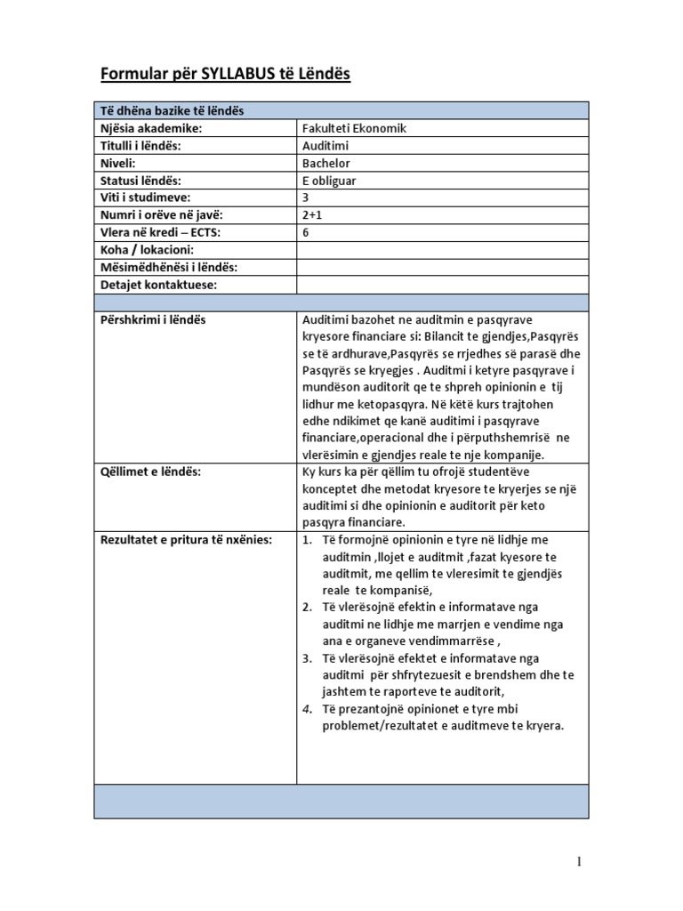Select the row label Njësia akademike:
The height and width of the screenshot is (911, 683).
[x=151, y=128]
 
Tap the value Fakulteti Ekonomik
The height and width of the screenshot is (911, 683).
[x=354, y=128]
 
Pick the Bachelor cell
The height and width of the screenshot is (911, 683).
[x=326, y=163]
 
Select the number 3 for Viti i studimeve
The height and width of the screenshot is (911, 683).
[x=307, y=198]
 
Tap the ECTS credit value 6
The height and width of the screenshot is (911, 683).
[x=307, y=232]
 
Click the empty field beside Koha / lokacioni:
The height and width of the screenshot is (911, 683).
[x=441, y=250]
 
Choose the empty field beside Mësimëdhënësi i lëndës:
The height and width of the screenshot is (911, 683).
[x=441, y=267]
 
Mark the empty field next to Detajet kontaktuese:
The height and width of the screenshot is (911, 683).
[x=441, y=285]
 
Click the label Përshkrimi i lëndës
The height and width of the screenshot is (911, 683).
[x=152, y=319]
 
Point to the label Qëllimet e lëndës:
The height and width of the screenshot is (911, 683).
[x=150, y=472]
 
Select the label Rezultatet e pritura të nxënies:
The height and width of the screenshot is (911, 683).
[x=185, y=540]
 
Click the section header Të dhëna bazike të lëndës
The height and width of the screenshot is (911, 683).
[x=172, y=110]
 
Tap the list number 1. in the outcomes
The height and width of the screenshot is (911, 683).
[x=306, y=540]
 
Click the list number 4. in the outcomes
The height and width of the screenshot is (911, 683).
[x=306, y=709]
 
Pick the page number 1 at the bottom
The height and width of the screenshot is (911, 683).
[x=579, y=861]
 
